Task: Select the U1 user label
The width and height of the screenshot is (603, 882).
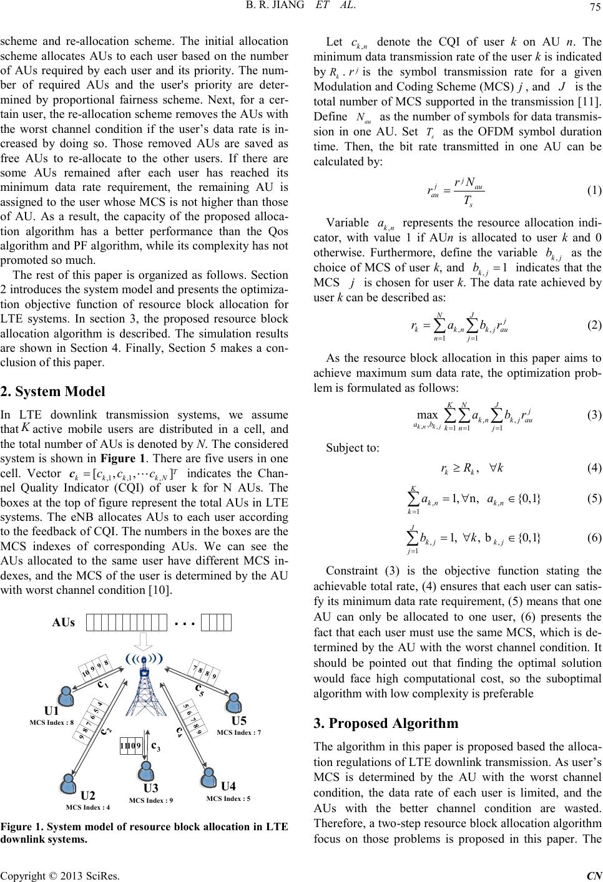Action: pos(51,711)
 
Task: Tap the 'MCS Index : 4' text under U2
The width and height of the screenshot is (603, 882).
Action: pos(87,807)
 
